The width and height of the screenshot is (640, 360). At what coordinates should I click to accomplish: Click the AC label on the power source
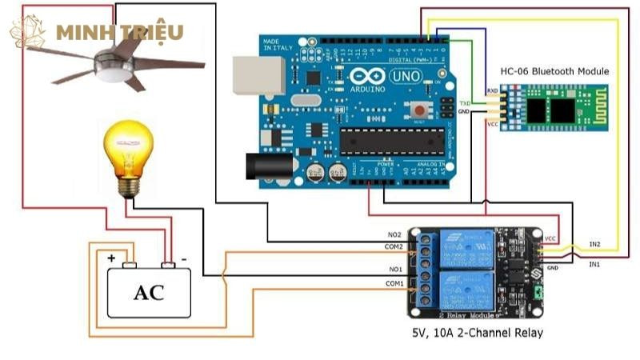point(149,292)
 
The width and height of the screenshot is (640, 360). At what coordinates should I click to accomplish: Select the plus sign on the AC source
point(112,259)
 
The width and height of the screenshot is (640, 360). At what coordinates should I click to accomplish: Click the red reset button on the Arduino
point(418,110)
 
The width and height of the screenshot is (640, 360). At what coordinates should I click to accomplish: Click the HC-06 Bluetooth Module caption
point(554,71)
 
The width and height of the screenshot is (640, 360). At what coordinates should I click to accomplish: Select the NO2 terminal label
point(394,234)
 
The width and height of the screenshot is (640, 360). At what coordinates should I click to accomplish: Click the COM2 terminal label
point(394,248)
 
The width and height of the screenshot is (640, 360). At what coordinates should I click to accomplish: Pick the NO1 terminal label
point(394,270)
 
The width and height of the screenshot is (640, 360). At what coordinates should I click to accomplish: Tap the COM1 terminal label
point(394,283)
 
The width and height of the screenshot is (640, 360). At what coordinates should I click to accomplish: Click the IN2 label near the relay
point(595,244)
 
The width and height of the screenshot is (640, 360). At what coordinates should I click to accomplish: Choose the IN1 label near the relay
point(595,264)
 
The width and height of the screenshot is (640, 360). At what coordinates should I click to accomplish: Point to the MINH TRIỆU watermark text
point(120,33)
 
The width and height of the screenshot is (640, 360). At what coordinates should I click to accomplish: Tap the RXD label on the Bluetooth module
point(493,92)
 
